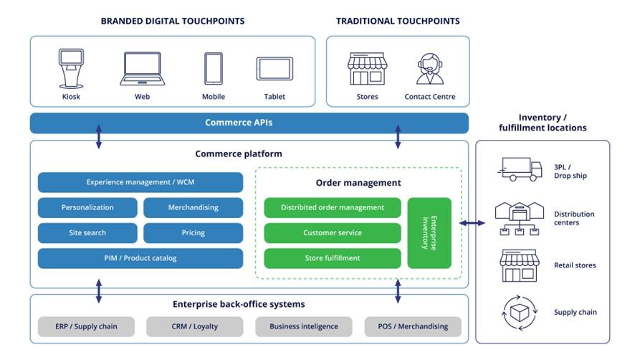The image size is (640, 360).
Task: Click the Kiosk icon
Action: [71, 68]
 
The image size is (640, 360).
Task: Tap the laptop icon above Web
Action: [142, 69]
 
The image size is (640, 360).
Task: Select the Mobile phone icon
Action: [213, 69]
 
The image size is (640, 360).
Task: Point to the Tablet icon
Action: [274, 69]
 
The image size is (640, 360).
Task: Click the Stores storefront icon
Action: [367, 69]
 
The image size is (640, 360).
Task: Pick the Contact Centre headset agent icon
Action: [429, 69]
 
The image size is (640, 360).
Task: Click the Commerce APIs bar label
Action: [239, 123]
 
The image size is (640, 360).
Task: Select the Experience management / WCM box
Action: [140, 182]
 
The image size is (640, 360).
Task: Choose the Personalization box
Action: [87, 207]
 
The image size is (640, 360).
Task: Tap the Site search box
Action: [87, 232]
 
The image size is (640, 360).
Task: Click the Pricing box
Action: [193, 232]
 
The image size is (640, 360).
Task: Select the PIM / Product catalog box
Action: [140, 258]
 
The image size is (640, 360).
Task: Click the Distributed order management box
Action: [332, 207]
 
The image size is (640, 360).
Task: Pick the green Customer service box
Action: [332, 232]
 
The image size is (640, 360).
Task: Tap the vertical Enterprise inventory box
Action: [429, 233]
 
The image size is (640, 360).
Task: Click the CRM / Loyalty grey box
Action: [194, 326]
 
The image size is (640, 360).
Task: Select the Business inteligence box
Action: [303, 326]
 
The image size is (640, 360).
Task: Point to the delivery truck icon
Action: [519, 169]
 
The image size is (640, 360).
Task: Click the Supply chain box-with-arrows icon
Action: [519, 312]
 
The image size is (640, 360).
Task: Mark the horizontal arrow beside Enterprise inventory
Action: [472, 223]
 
